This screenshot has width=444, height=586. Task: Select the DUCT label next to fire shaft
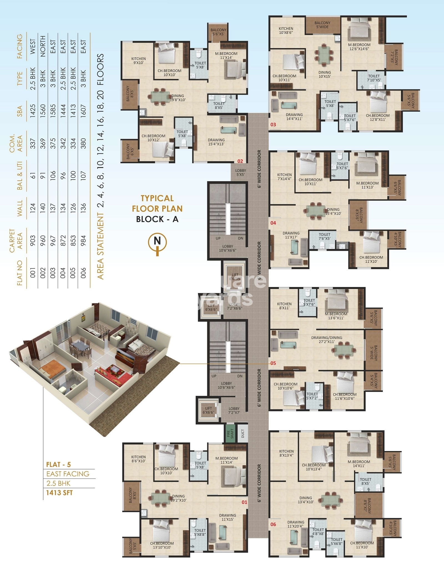pos(243,433)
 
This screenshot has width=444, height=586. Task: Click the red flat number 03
pos(273,125)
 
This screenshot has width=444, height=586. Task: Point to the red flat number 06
pos(273,524)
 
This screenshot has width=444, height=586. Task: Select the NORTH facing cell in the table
pos(43,46)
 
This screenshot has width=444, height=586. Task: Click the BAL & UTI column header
pos(20,176)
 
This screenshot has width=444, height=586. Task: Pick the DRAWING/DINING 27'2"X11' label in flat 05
pos(327,340)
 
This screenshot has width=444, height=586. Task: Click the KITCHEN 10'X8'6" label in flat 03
pos(286,31)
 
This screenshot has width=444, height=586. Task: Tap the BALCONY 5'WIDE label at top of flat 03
pos(322,25)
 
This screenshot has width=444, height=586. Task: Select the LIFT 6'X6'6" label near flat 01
pos(208,410)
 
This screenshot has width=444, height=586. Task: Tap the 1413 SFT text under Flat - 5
pos(59,493)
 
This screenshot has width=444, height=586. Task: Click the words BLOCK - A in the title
pos(157,219)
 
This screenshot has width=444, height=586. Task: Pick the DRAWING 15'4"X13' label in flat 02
pos(216,142)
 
